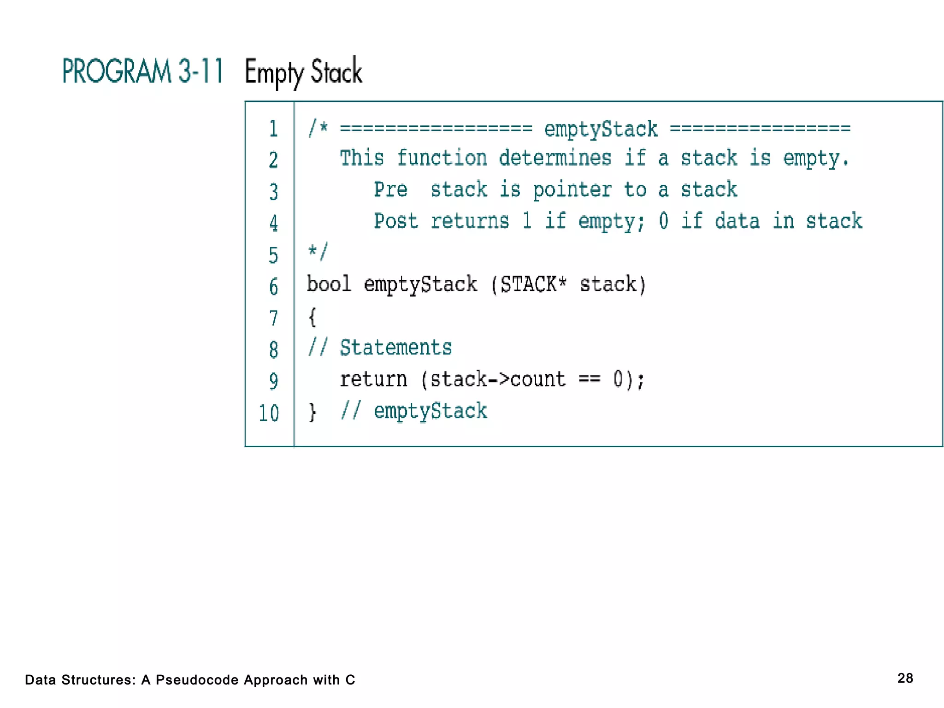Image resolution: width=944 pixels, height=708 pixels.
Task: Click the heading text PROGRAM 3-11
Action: (142, 71)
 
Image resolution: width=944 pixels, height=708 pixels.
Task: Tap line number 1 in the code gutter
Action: (273, 129)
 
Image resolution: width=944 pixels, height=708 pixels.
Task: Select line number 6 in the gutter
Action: (273, 287)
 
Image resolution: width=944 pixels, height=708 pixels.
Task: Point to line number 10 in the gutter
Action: (269, 413)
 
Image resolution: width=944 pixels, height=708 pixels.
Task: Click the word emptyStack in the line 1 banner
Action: (601, 129)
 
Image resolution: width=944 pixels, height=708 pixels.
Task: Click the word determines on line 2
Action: (555, 158)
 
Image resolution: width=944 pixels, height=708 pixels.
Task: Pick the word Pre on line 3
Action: (390, 189)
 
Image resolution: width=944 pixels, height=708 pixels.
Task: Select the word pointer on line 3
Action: (572, 190)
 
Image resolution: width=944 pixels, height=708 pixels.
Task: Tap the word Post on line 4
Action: (395, 221)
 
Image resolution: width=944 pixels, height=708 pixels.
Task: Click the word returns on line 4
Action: (470, 221)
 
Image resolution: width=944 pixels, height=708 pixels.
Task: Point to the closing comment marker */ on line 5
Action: (318, 252)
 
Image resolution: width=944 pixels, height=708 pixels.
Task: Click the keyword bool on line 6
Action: (329, 284)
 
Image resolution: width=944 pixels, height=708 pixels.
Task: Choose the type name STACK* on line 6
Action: (533, 284)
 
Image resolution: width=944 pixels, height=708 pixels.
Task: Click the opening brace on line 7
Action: (312, 317)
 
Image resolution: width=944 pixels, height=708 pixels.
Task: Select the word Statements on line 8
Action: (395, 348)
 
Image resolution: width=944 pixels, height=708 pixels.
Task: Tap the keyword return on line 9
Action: (373, 379)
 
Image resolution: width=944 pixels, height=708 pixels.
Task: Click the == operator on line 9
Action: (589, 379)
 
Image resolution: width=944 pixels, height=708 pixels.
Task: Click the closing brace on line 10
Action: (313, 412)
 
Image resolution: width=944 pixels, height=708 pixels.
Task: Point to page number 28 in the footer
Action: (905, 678)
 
